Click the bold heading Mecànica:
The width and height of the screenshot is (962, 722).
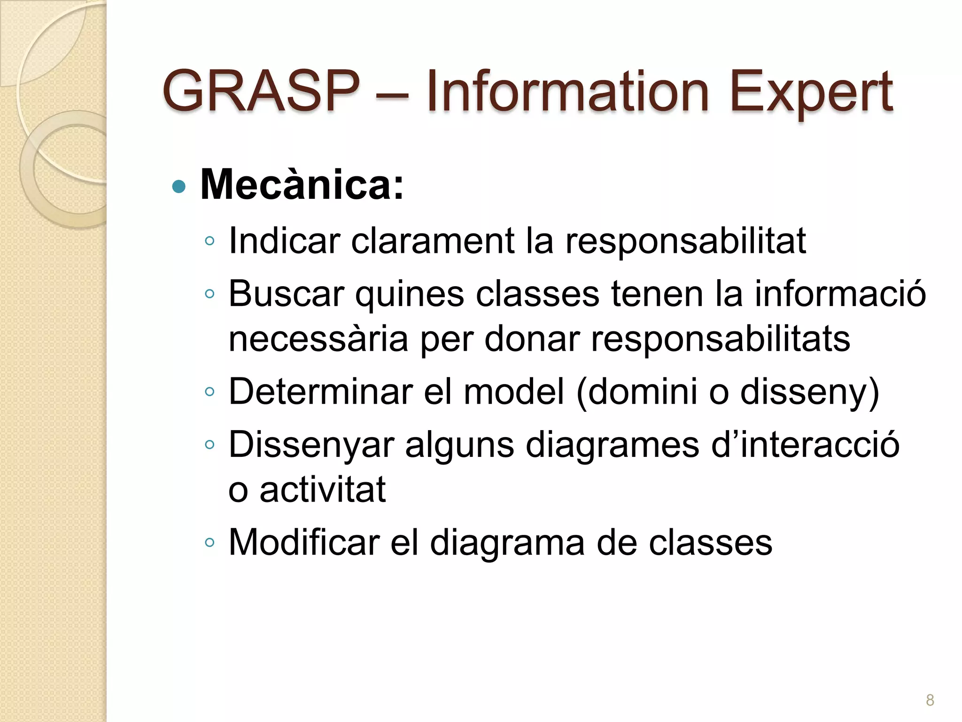[302, 185]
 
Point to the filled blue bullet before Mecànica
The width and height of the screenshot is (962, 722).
[179, 187]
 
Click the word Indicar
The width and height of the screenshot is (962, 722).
[284, 241]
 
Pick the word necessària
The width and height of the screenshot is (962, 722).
[318, 339]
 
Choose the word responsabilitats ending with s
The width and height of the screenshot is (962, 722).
[720, 340]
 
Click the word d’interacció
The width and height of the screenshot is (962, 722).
[805, 444]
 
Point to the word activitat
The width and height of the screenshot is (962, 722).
[322, 489]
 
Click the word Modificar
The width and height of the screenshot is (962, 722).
[304, 542]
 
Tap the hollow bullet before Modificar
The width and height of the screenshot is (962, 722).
[209, 543]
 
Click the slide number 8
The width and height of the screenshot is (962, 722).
[930, 700]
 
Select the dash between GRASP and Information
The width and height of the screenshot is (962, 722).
[392, 93]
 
